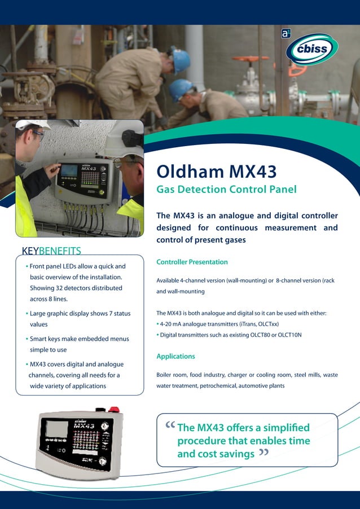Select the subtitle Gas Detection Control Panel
[226, 189]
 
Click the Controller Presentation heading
[192, 262]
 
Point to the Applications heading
[175, 356]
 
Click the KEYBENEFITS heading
[51, 251]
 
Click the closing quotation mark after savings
[263, 453]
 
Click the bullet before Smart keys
[27, 339]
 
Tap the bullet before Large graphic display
[27, 313]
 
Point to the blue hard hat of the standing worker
[180, 59]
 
